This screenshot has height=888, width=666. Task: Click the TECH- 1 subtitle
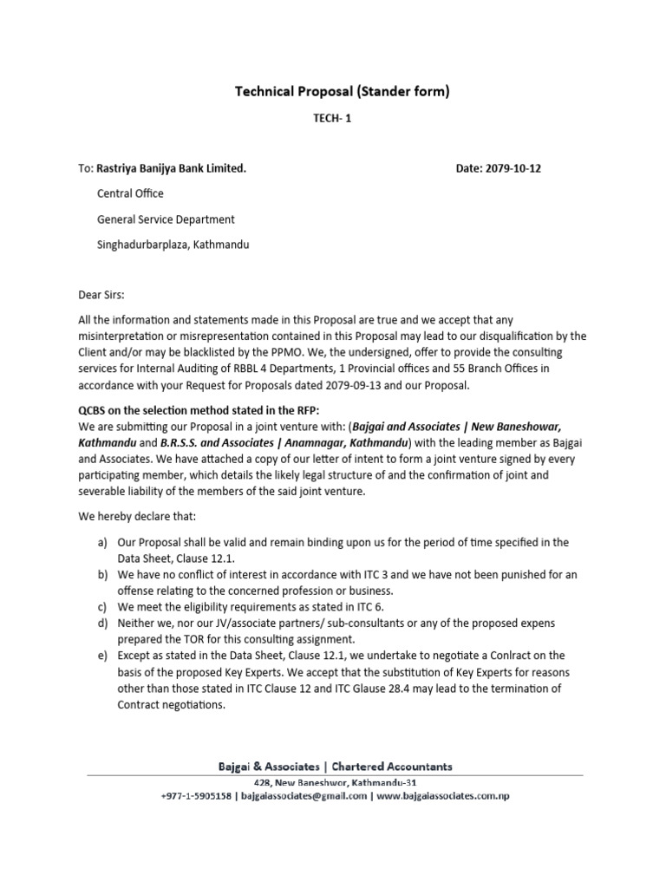(x=332, y=124)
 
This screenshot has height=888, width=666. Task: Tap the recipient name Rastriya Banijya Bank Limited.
(x=171, y=168)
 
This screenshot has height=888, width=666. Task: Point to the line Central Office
(x=130, y=193)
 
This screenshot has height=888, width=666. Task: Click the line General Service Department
(x=166, y=219)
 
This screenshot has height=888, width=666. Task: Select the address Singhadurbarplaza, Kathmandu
(x=173, y=245)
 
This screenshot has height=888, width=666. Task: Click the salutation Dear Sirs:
(x=101, y=294)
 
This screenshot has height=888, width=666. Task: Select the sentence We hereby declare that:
(x=138, y=517)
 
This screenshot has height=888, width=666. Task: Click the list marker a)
(x=101, y=542)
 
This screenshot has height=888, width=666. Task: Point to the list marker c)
(x=101, y=607)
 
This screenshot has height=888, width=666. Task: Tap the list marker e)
(x=101, y=656)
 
